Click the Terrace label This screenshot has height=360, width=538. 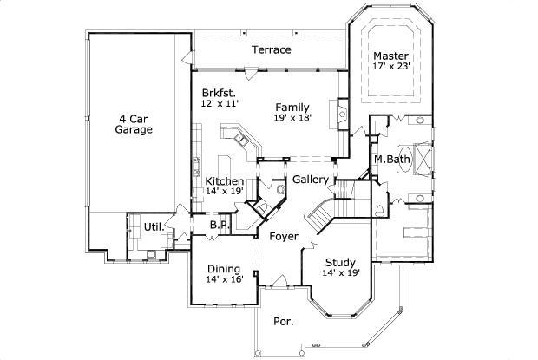[x=272, y=49]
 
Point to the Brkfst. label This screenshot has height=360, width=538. [x=220, y=92]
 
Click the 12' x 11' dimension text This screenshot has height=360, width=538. [x=219, y=103]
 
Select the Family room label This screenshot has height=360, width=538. [x=292, y=107]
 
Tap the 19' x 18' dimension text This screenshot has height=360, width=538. [x=292, y=118]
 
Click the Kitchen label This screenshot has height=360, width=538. [x=224, y=181]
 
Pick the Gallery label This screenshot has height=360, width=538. [x=310, y=180]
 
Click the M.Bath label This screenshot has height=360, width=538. [x=391, y=159]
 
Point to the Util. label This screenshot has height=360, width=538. [x=153, y=226]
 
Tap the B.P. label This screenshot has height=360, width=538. [x=218, y=225]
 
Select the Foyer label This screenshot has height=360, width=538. [x=283, y=236]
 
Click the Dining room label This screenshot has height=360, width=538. [x=223, y=268]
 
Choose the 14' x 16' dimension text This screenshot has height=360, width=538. [x=223, y=279]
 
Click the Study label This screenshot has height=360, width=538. [x=339, y=262]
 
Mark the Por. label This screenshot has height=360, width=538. [x=284, y=321]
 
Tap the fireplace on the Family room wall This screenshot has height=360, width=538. [x=342, y=114]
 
